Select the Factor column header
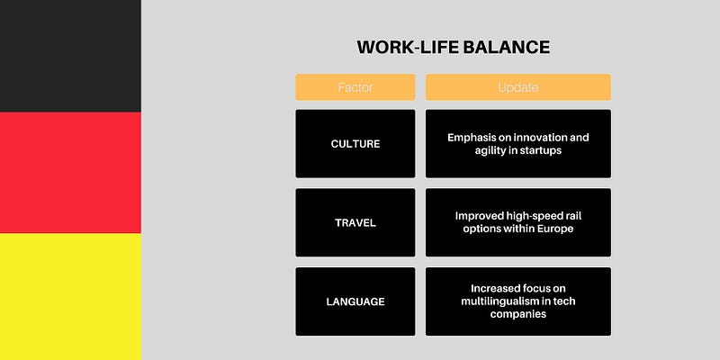tap(355, 87)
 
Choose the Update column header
tap(518, 87)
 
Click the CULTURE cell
tap(355, 144)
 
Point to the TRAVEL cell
tap(355, 222)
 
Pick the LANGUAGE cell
tap(355, 301)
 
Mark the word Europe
tap(556, 229)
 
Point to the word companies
tap(518, 314)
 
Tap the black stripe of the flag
tap(70, 56)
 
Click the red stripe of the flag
tap(70, 172)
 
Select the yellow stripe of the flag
tap(70, 297)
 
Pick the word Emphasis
tap(467, 138)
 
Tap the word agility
tap(490, 150)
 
